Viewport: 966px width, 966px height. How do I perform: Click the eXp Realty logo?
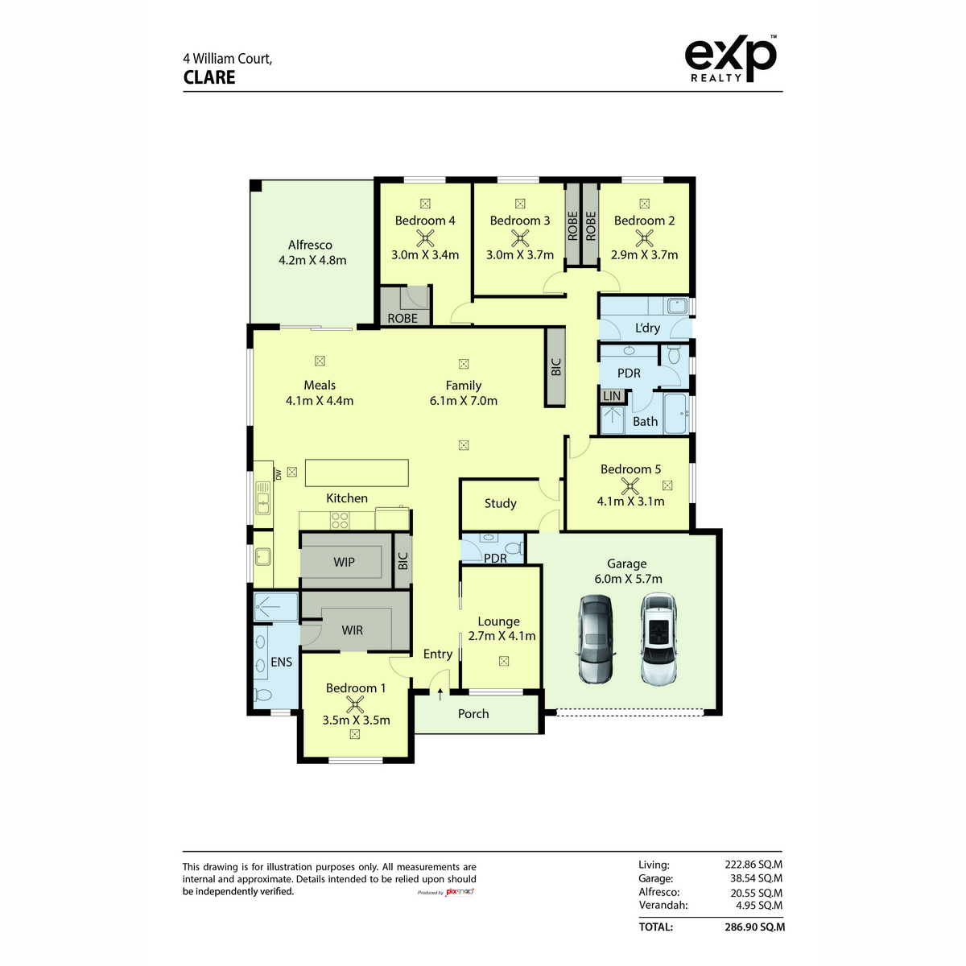pyautogui.click(x=730, y=58)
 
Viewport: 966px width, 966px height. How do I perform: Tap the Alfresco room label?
pyautogui.click(x=310, y=246)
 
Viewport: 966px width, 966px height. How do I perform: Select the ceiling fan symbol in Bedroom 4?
pyautogui.click(x=425, y=238)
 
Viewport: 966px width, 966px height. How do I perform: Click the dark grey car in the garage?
pyautogui.click(x=596, y=639)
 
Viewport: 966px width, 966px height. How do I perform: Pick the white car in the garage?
pyautogui.click(x=658, y=639)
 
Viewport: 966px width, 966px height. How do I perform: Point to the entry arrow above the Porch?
pyautogui.click(x=440, y=694)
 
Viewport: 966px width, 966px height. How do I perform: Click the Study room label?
pyautogui.click(x=500, y=503)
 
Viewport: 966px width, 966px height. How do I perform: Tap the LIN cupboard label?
pyautogui.click(x=612, y=396)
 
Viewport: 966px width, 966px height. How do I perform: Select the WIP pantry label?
pyautogui.click(x=344, y=562)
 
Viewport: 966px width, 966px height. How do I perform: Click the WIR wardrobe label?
pyautogui.click(x=352, y=630)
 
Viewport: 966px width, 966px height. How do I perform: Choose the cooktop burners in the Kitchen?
pyautogui.click(x=340, y=520)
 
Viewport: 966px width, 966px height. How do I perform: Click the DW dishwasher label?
pyautogui.click(x=278, y=474)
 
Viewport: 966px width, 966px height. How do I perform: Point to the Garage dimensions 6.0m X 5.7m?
pyautogui.click(x=628, y=579)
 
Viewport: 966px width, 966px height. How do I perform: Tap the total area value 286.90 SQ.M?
pyautogui.click(x=754, y=927)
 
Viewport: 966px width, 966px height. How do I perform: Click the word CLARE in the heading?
pyautogui.click(x=209, y=78)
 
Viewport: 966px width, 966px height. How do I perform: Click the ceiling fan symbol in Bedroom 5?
pyautogui.click(x=630, y=485)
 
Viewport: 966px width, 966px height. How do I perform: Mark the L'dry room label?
pyautogui.click(x=647, y=328)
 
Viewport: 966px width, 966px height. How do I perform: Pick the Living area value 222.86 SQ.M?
pyautogui.click(x=753, y=865)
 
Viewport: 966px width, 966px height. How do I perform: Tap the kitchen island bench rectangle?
pyautogui.click(x=357, y=473)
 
